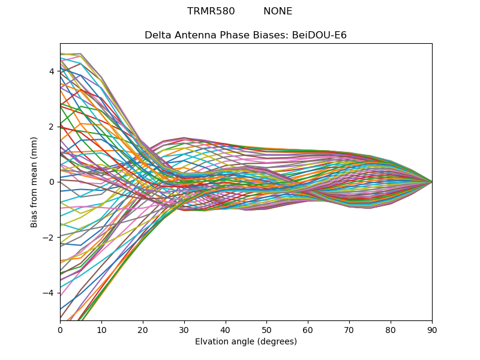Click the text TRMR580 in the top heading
[x=211, y=11]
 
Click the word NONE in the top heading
[x=278, y=11]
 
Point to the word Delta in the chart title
[x=157, y=35]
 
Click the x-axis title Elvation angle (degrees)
[x=246, y=341]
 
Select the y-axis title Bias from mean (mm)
[x=34, y=182]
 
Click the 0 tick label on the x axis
[x=60, y=329]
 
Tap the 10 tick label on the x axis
[x=101, y=329]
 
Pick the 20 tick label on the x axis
[x=143, y=329]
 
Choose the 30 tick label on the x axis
[x=184, y=329]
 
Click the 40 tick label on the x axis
[x=226, y=329]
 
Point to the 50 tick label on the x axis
[x=266, y=329]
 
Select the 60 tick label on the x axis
[x=308, y=329]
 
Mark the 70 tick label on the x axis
[x=349, y=329]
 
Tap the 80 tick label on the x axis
[x=391, y=329]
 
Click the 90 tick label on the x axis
[x=432, y=329]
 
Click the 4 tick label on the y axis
[x=52, y=71]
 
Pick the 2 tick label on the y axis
[x=52, y=127]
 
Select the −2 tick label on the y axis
[x=49, y=237]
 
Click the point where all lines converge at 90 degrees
[x=432, y=182]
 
